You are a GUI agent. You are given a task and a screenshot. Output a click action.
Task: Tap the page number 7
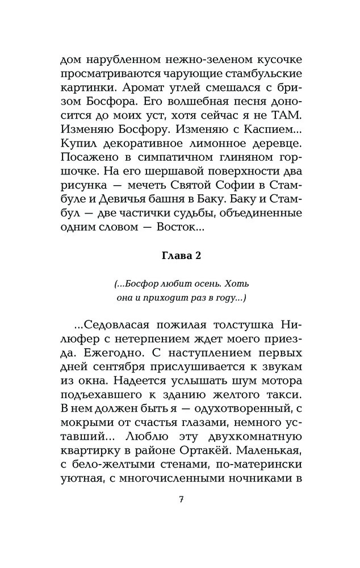point(180,500)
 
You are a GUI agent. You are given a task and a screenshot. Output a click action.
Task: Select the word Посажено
point(87,170)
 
